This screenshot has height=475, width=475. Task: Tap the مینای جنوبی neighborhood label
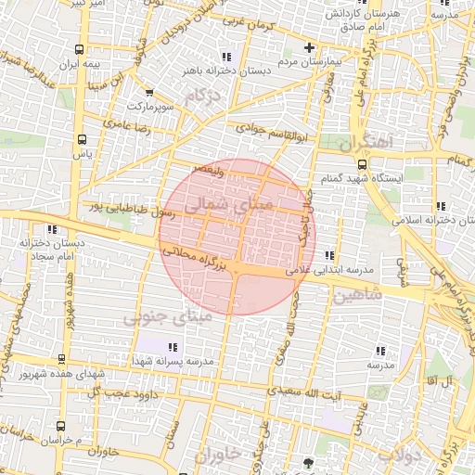coord(168,316)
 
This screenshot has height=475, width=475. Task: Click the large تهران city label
coord(365,144)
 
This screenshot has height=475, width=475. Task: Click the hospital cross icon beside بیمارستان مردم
coord(309,48)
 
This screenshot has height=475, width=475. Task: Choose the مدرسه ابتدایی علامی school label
coord(329,269)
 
